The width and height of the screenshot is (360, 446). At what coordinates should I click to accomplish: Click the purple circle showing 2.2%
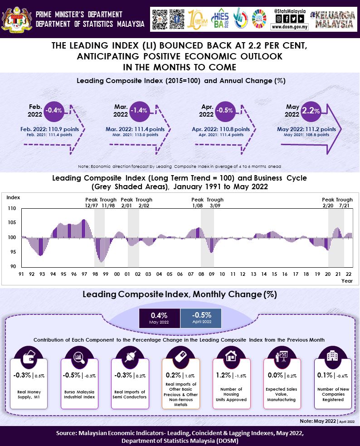tap(311, 110)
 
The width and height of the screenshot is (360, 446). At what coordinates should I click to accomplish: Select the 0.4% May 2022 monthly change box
tap(159, 318)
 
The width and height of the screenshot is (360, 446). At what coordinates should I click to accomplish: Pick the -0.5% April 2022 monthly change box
tap(201, 318)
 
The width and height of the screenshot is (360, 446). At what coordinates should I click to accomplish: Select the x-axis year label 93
tap(42, 274)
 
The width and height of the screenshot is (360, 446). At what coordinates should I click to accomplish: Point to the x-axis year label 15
tap(274, 274)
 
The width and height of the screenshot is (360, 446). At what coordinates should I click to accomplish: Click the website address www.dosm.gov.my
tap(290, 27)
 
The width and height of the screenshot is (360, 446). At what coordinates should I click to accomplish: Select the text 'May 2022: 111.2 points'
tap(306, 129)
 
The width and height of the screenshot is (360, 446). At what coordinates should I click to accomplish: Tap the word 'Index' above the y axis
tap(14, 197)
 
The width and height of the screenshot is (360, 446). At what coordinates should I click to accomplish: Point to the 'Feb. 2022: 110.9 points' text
tap(49, 129)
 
